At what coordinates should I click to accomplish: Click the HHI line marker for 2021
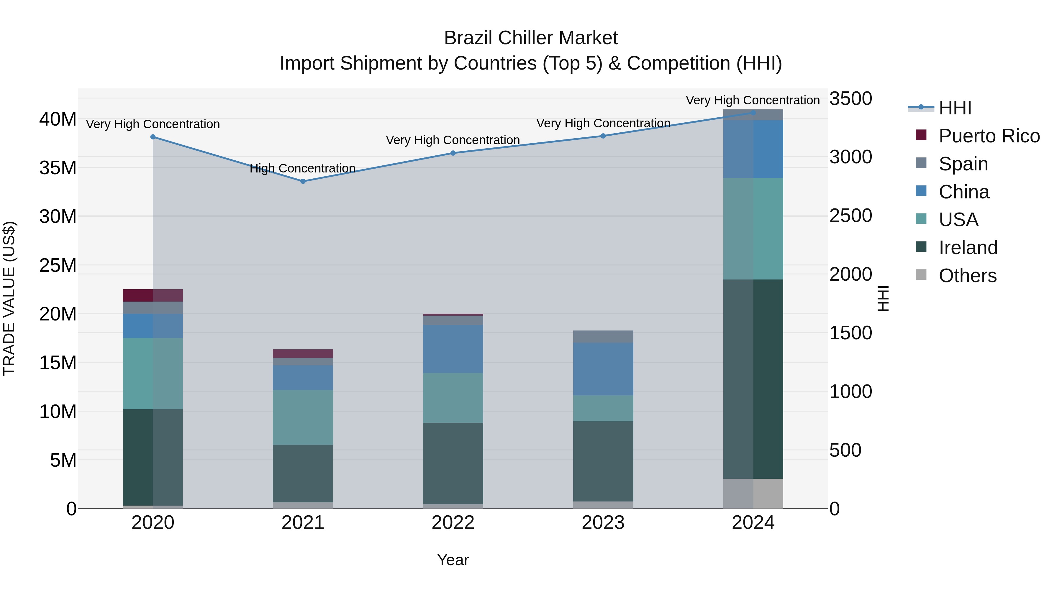tap(303, 181)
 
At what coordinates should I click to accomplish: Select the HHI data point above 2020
tap(153, 137)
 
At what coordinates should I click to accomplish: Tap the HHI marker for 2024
tap(753, 113)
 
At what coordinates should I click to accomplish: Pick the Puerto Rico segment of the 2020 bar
tap(153, 295)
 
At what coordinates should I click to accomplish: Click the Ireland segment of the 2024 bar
tap(753, 379)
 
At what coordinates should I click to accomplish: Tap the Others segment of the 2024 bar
tap(753, 493)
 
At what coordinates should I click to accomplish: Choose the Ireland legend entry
tap(968, 248)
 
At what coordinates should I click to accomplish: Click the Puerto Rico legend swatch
tap(921, 135)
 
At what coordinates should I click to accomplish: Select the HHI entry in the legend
tap(955, 108)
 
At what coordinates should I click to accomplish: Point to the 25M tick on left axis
tap(58, 265)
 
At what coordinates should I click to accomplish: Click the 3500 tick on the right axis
tap(850, 99)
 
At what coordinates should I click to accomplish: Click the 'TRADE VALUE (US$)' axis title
tap(9, 298)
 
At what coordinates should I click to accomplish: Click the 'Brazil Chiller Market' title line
tap(531, 38)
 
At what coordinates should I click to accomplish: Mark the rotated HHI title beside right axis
tap(883, 298)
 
